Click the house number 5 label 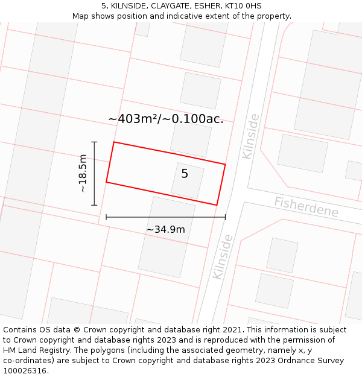pos(185,174)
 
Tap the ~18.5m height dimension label pos(83,173)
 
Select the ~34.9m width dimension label pos(165,229)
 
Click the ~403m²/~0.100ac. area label pos(166,119)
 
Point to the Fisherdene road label pos(306,207)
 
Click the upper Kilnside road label pos(250,136)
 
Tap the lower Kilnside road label pos(223,256)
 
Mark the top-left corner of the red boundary pos(114,142)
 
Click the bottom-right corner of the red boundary pos(217,205)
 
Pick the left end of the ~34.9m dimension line pos(106,217)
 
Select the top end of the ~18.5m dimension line pos(94,142)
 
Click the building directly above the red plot pos(191,139)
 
